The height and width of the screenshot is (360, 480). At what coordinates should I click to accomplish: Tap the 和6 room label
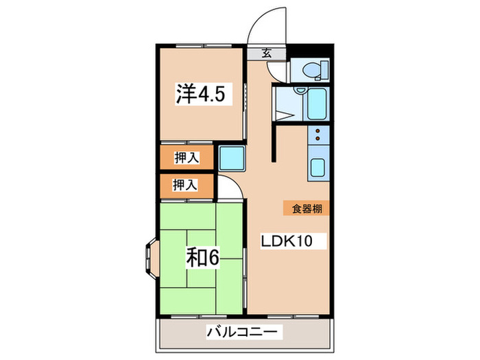coord(202,259)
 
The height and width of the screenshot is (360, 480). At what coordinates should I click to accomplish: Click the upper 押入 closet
coord(187,157)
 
